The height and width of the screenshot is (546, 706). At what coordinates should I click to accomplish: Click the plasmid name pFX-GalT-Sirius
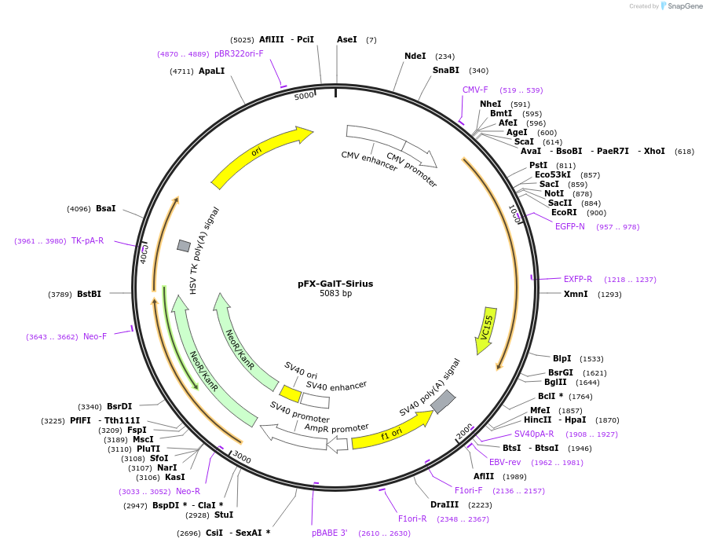pyautogui.click(x=335, y=284)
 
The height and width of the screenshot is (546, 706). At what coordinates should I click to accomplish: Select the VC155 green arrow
pyautogui.click(x=487, y=328)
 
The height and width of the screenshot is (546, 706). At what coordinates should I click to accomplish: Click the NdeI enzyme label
pyautogui.click(x=415, y=57)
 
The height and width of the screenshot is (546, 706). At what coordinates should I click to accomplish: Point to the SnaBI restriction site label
pyautogui.click(x=445, y=70)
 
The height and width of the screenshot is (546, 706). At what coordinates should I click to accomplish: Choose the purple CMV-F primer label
pyautogui.click(x=475, y=90)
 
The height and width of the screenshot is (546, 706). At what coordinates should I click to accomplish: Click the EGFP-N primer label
pyautogui.click(x=570, y=226)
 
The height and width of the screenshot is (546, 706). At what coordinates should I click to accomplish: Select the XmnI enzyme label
pyautogui.click(x=576, y=294)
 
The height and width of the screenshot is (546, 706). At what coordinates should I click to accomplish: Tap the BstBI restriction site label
pyautogui.click(x=89, y=294)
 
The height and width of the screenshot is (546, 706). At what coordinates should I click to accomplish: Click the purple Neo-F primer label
pyautogui.click(x=95, y=336)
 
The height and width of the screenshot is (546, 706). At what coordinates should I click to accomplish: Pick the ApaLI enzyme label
pyautogui.click(x=211, y=71)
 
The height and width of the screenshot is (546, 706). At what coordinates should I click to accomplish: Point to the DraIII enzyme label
pyautogui.click(x=444, y=504)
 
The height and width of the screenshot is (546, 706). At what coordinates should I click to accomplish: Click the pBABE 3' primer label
pyautogui.click(x=329, y=533)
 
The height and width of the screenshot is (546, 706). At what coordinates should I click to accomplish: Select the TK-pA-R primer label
pyautogui.click(x=87, y=240)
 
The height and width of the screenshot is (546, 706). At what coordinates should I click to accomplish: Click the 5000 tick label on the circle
pyautogui.click(x=304, y=96)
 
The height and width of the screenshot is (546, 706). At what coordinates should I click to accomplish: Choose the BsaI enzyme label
pyautogui.click(x=105, y=208)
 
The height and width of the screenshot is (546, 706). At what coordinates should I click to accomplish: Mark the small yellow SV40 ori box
pyautogui.click(x=291, y=394)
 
